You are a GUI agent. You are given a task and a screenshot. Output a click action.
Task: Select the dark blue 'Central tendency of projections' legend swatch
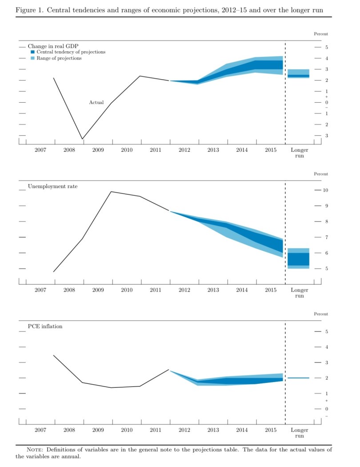[32, 52]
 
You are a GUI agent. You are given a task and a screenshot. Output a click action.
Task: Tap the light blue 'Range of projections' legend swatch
[32, 58]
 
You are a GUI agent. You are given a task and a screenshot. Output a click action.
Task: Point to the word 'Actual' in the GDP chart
[96, 102]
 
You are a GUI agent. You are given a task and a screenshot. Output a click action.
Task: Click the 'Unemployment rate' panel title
[52, 186]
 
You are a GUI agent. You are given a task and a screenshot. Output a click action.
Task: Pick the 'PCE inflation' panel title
[45, 326]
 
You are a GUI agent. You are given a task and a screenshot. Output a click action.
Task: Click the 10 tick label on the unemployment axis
[325, 190]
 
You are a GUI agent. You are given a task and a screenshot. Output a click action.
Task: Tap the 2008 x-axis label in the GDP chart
[69, 150]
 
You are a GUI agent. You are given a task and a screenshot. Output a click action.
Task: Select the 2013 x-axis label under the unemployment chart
[213, 290]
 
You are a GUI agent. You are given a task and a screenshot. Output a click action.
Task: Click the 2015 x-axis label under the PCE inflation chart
[271, 430]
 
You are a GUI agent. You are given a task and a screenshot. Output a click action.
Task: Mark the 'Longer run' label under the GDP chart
[299, 153]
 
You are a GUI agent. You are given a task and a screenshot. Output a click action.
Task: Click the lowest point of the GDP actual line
[82, 139]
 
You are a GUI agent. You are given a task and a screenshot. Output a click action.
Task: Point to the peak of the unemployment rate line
[111, 192]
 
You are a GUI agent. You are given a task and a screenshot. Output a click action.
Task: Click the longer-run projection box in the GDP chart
[298, 74]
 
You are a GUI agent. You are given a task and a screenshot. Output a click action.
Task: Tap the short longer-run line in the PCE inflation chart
[298, 378]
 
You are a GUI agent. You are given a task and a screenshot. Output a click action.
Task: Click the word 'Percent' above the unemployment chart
[321, 174]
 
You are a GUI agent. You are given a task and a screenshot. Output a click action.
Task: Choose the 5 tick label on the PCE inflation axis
[327, 332]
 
